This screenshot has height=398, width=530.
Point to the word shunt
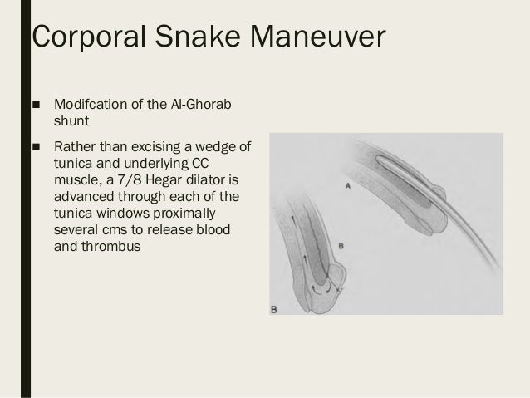pyautogui.click(x=72, y=123)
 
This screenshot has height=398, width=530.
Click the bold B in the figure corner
pyautogui.click(x=274, y=310)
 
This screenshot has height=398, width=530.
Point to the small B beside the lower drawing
pyautogui.click(x=341, y=245)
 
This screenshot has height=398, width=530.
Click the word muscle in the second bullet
pyautogui.click(x=77, y=179)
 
